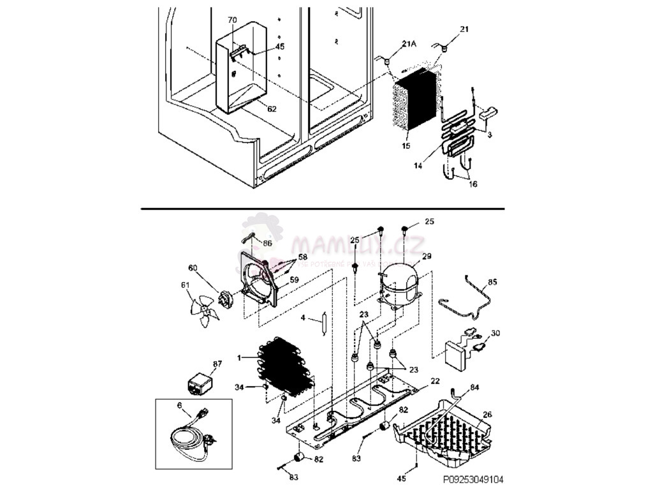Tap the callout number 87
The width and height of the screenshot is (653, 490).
click(x=217, y=364)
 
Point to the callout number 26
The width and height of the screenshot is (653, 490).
click(x=488, y=415)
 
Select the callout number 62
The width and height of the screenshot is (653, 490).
click(x=272, y=109)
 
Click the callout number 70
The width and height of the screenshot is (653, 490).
click(x=233, y=20)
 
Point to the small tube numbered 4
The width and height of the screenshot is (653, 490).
click(x=323, y=323)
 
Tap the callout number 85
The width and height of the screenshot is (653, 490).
click(x=493, y=281)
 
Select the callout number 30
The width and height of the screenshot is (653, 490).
click(x=495, y=332)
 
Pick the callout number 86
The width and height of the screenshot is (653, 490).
click(x=267, y=243)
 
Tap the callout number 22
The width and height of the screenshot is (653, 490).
click(x=435, y=381)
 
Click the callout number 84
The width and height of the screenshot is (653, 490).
click(x=474, y=387)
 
